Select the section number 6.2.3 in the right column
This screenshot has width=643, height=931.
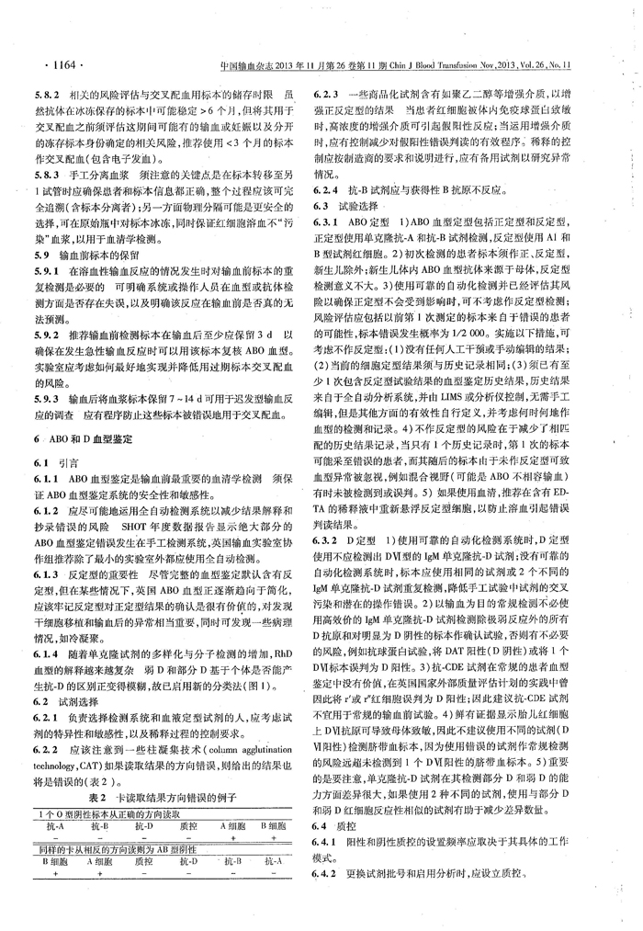point(331,94)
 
